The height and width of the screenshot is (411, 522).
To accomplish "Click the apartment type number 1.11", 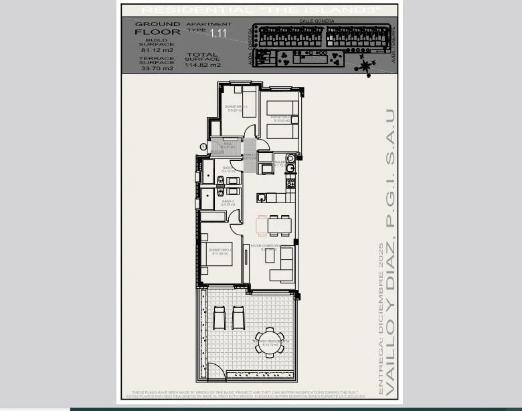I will [217, 32].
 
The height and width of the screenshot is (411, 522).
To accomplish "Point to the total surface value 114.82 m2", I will [202, 65].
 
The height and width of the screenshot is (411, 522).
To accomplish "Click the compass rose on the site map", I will [366, 65].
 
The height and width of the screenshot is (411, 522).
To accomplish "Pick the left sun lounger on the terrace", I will [220, 317].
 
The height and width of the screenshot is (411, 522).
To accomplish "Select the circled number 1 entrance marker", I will [203, 146].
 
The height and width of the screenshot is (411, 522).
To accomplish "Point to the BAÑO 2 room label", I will [228, 202].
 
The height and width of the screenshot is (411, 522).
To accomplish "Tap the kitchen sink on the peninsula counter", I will [262, 197].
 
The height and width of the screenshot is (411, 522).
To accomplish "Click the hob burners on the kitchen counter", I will [290, 182].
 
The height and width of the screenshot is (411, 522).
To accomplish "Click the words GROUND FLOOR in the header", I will [157, 28].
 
